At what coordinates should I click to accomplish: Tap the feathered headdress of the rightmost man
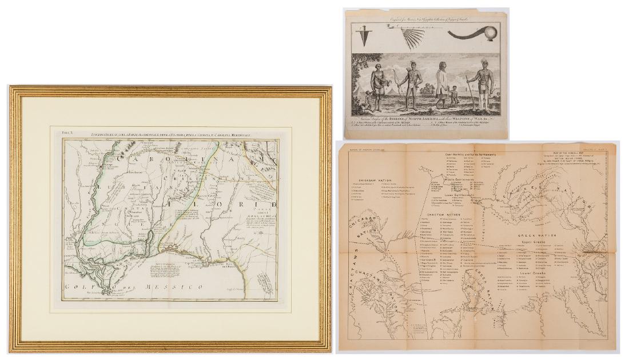tap(479, 59)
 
